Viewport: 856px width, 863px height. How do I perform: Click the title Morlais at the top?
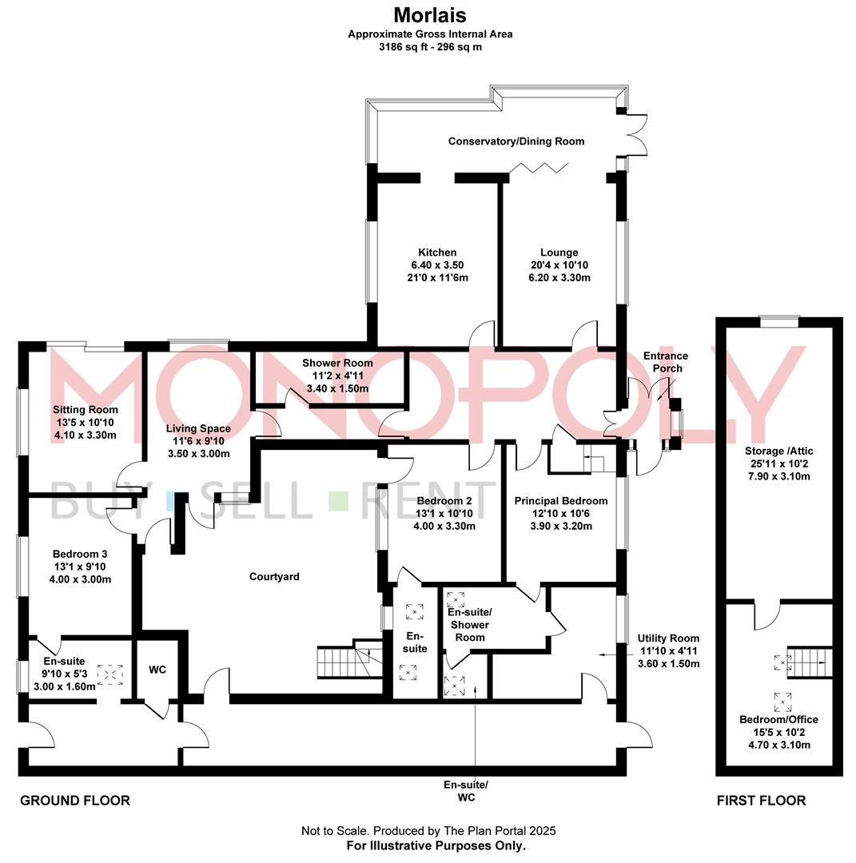pos(430,15)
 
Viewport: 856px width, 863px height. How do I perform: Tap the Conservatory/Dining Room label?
pos(516,141)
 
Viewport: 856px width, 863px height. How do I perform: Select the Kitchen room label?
pos(437,253)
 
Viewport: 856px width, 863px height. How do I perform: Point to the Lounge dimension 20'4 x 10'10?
pos(559,265)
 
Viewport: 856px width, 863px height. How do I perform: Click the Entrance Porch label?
pos(666,361)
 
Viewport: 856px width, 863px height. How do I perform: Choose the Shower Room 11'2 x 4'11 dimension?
pos(337,376)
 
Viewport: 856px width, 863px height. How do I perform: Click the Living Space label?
pos(198,429)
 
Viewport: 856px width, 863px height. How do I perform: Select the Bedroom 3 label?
pos(80,554)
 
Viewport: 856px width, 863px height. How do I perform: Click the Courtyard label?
pos(274,576)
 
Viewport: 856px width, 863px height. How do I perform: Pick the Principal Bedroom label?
pos(560,501)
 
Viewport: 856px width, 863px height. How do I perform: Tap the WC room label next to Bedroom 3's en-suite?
pos(157,669)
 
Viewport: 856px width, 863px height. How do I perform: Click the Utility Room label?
pos(668,638)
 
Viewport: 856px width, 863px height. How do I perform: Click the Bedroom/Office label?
pos(778,719)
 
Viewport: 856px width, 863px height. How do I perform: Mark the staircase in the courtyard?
pos(337,661)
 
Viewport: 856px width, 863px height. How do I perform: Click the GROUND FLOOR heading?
pos(74,800)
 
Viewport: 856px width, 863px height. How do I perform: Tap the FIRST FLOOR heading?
pos(761,800)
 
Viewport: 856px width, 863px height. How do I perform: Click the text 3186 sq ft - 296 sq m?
pos(430,46)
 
